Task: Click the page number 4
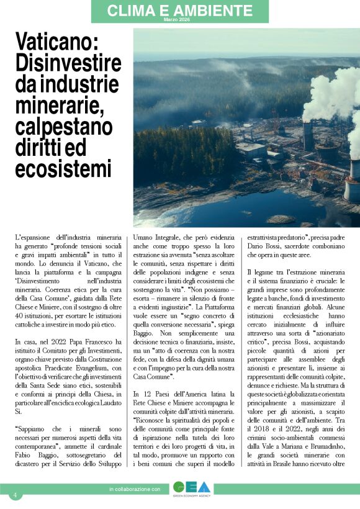pyautogui.click(x=14, y=495)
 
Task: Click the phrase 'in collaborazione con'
pyautogui.click(x=135, y=490)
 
